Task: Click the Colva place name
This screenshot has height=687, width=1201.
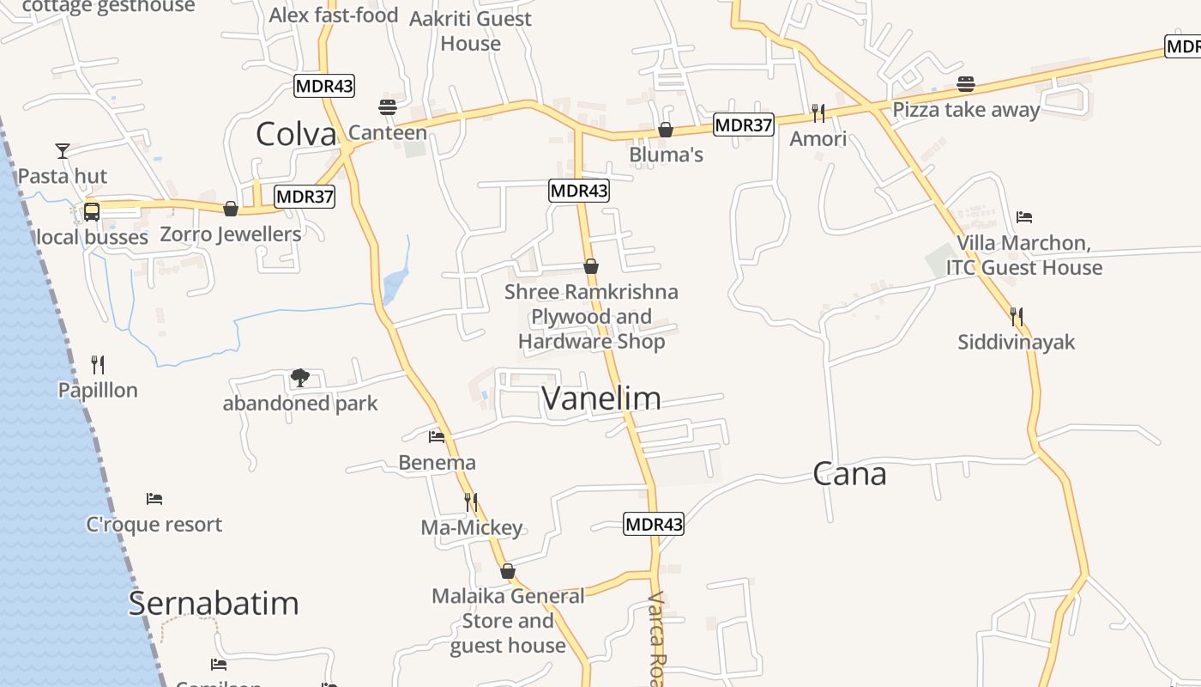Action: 296,134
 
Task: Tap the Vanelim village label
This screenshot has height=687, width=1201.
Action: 601,398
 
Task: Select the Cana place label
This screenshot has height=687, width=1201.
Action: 849,474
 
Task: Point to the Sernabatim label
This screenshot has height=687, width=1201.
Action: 214,603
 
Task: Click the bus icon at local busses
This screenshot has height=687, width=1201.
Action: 92,211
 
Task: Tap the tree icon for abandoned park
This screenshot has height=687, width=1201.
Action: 299,377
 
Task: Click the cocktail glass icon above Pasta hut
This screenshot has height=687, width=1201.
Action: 63,151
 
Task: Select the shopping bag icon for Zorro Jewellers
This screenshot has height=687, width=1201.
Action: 230,209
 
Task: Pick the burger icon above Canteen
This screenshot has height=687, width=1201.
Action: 387,107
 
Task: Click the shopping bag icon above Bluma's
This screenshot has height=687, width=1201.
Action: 666,130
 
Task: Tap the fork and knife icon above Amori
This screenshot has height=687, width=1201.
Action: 818,112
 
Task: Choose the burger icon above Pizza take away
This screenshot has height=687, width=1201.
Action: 966,84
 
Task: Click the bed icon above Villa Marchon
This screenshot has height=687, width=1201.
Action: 1023,216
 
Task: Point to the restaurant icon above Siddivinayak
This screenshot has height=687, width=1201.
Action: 1017,317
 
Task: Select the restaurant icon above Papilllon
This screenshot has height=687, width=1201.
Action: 98,365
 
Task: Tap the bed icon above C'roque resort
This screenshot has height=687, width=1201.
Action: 154,498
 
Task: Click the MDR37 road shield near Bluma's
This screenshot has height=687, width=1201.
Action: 744,125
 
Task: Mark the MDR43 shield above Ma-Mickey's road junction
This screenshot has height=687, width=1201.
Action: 654,524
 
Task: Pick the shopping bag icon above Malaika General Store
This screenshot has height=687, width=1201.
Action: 508,571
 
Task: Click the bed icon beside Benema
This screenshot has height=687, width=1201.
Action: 437,437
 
